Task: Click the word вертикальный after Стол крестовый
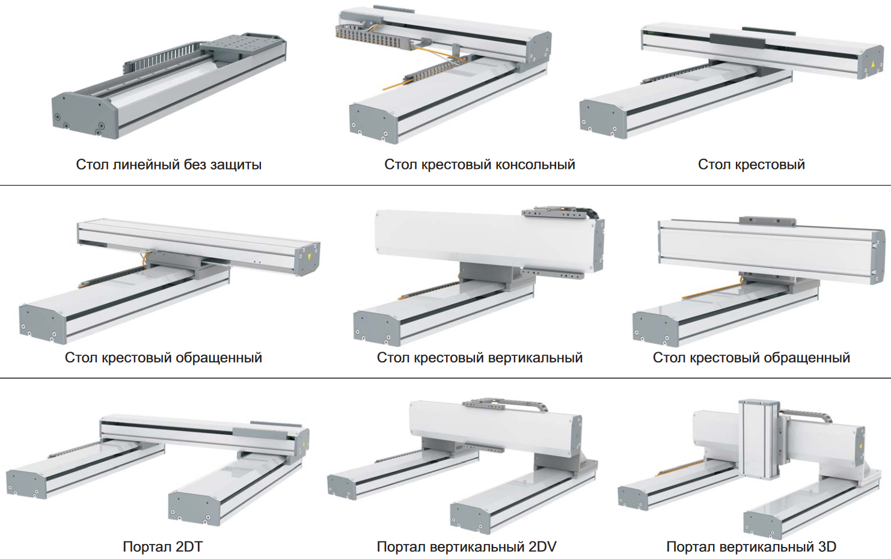[x=535, y=358]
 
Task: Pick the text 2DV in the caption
[x=542, y=546]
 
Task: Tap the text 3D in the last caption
[x=827, y=546]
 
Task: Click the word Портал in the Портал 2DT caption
[x=147, y=547]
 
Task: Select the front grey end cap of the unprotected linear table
[x=85, y=115]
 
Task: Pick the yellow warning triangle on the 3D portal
[x=860, y=446]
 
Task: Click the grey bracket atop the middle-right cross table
[x=767, y=221]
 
